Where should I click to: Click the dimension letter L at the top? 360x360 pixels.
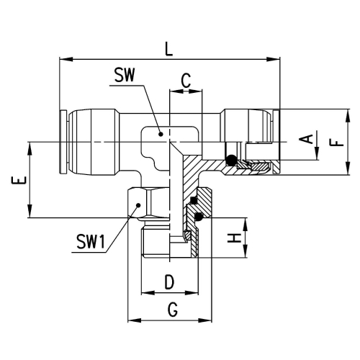pyautogui.click(x=169, y=49)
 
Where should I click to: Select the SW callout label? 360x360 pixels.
pyautogui.click(x=125, y=75)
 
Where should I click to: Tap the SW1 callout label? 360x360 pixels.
pyautogui.click(x=91, y=241)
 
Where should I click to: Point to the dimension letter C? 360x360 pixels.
pyautogui.click(x=186, y=81)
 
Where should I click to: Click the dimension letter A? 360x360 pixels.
pyautogui.click(x=306, y=139)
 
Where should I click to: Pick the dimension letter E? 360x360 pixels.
pyautogui.click(x=19, y=180)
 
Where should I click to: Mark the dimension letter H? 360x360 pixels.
pyautogui.click(x=234, y=238)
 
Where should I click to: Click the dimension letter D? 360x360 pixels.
pyautogui.click(x=169, y=282)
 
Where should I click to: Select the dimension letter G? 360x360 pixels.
pyautogui.click(x=173, y=310)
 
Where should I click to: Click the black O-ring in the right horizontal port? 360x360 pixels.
pyautogui.click(x=231, y=160)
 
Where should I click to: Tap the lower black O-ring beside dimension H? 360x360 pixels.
pyautogui.click(x=198, y=217)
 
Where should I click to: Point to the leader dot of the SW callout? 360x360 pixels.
pyautogui.click(x=161, y=134)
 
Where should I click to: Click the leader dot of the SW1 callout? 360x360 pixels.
pyautogui.click(x=138, y=204)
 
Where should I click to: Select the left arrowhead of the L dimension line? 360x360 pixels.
pyautogui.click(x=66, y=59)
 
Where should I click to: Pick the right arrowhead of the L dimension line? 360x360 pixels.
pyautogui.click(x=273, y=59)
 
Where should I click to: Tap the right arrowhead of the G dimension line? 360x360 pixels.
pyautogui.click(x=205, y=320)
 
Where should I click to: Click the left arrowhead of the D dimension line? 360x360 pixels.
pyautogui.click(x=148, y=293)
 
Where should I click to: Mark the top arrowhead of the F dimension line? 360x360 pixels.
pyautogui.click(x=348, y=116)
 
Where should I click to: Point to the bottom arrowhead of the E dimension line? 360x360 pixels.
pyautogui.click(x=30, y=211)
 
